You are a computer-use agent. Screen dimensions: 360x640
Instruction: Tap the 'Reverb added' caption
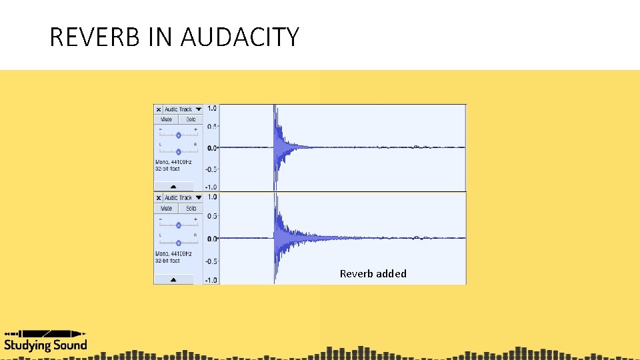pyautogui.click(x=373, y=273)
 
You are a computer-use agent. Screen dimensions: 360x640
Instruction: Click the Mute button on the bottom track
pyautogui.click(x=166, y=209)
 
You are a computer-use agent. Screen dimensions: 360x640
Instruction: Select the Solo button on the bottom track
pyautogui.click(x=191, y=209)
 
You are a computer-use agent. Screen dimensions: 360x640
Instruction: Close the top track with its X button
pyautogui.click(x=158, y=109)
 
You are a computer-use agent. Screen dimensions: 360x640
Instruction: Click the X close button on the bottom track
pyautogui.click(x=158, y=198)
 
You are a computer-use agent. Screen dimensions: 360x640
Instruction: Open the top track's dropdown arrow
pyautogui.click(x=199, y=109)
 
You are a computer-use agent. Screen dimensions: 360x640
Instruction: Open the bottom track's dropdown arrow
pyautogui.click(x=199, y=198)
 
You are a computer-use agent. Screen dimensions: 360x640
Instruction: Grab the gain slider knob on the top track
pyautogui.click(x=178, y=135)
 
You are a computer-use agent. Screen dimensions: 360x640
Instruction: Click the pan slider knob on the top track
pyautogui.click(x=178, y=151)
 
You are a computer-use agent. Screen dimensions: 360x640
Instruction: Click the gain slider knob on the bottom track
pyautogui.click(x=178, y=225)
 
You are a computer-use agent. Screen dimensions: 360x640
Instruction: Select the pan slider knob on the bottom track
pyautogui.click(x=178, y=242)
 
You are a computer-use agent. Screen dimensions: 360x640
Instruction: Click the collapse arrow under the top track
pyautogui.click(x=174, y=187)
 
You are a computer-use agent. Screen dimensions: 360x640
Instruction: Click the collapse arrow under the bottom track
pyautogui.click(x=174, y=279)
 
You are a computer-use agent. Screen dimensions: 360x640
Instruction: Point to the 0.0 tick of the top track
pyautogui.click(x=211, y=147)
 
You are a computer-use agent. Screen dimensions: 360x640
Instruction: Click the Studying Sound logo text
pyautogui.click(x=45, y=345)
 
